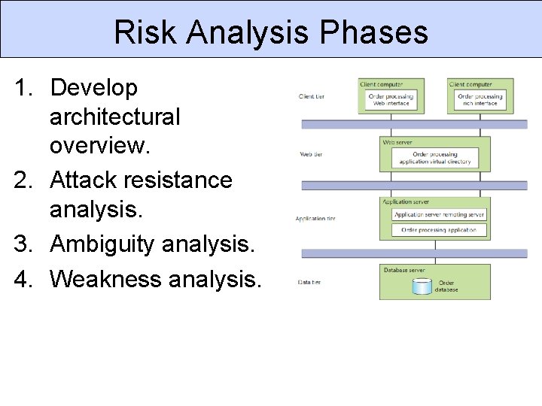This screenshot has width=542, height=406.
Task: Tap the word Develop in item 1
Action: (x=94, y=88)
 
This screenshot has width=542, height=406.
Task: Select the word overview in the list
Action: (x=98, y=146)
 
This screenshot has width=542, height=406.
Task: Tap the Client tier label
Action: (x=312, y=96)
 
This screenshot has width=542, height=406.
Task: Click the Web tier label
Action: (x=311, y=154)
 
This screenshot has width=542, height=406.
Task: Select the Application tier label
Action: (x=315, y=219)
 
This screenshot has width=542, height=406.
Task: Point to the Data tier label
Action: (x=310, y=282)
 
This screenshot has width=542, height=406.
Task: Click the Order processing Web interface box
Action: (x=391, y=99)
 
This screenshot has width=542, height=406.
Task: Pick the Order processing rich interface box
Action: (x=480, y=99)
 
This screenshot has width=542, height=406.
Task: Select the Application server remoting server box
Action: (x=440, y=214)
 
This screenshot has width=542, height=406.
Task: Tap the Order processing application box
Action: (x=440, y=230)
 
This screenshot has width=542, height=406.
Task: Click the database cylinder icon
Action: (x=422, y=286)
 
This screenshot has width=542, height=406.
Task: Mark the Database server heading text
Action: (x=404, y=269)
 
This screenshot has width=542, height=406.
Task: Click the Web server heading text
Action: (x=397, y=141)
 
